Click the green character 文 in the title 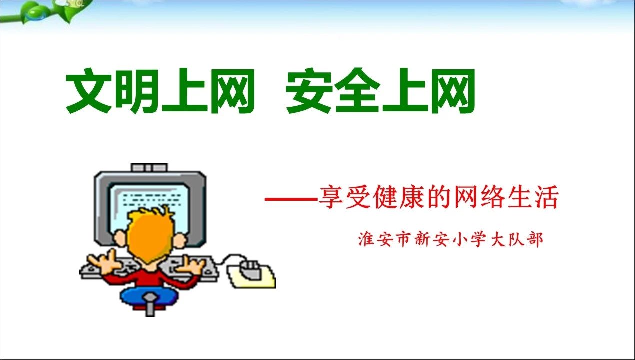pos(88,90)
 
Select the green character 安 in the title pos(309,90)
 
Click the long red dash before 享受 pos(291,199)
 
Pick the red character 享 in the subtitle pos(331,197)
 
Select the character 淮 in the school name pos(366,239)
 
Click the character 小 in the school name pos(460,240)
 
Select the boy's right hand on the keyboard pos(193,265)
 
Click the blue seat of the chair pos(149,296)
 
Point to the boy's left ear pos(120,238)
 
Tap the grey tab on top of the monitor pos(149,168)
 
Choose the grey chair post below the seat pos(150,305)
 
